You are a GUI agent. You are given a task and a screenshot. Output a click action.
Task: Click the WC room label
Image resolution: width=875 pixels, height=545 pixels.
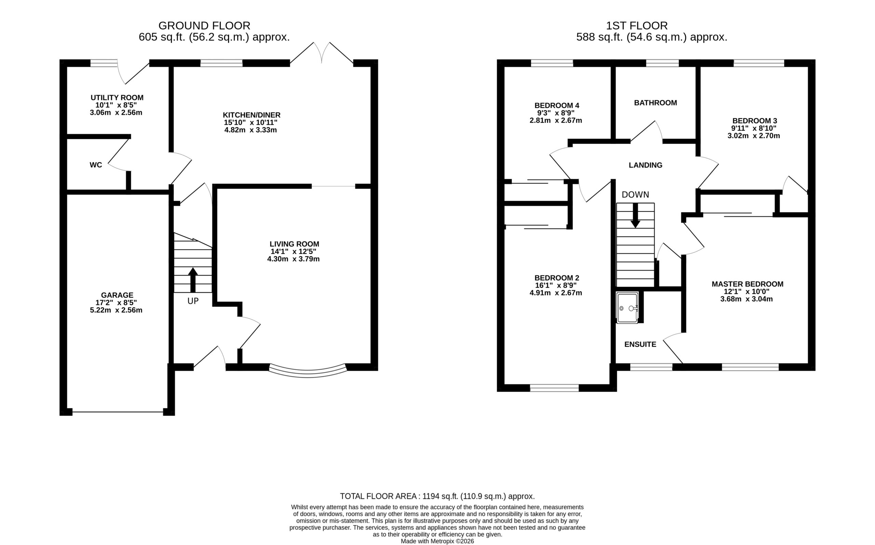click(96, 165)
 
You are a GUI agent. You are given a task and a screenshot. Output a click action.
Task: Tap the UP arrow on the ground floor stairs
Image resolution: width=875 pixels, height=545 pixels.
click(193, 280)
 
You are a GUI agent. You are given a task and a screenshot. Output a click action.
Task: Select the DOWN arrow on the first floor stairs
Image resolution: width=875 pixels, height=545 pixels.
click(635, 215)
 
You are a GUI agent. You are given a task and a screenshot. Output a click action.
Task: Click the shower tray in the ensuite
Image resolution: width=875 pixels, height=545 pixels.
click(628, 308)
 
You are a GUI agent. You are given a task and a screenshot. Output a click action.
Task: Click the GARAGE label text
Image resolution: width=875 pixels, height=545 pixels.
click(117, 295)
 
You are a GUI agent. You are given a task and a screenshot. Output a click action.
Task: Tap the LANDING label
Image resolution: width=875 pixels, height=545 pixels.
click(646, 165)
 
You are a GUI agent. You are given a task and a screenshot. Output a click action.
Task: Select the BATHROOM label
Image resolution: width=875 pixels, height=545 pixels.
click(655, 103)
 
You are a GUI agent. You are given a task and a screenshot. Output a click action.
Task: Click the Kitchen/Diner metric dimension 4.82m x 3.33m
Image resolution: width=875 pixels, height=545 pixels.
click(251, 130)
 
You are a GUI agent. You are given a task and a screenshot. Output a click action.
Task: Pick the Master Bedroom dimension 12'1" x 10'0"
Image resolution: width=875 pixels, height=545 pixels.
click(746, 292)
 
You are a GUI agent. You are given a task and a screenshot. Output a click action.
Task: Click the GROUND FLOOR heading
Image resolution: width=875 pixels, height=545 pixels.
click(204, 26)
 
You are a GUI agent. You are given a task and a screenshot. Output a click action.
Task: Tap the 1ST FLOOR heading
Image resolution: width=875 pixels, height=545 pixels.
click(637, 26)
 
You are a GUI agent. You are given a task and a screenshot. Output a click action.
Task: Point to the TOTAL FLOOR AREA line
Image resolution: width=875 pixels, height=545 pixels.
click(437, 497)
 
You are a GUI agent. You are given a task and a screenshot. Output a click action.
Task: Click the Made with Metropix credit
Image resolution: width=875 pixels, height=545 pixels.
click(437, 541)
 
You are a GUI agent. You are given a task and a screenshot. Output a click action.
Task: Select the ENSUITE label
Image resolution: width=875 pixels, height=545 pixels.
click(640, 344)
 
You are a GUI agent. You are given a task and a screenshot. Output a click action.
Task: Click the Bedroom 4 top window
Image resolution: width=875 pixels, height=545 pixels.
click(552, 64)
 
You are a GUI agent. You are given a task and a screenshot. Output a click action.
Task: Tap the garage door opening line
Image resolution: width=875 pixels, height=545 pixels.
click(118, 412)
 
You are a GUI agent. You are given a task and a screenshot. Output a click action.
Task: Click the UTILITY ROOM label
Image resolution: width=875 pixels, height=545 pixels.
click(117, 98)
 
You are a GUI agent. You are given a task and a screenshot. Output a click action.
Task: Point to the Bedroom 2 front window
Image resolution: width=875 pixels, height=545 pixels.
click(554, 388)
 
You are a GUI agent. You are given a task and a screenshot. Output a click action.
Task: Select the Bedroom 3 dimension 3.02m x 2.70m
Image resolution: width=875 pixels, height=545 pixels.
click(754, 136)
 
